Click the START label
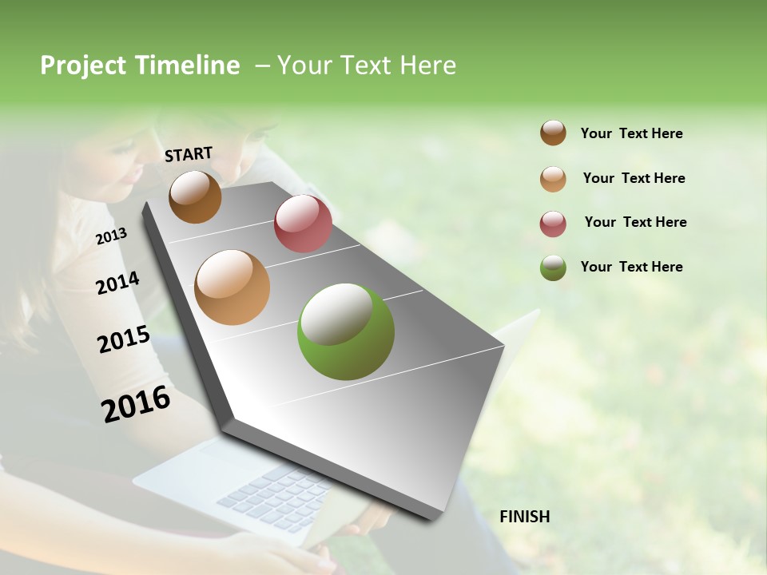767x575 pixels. point(189,154)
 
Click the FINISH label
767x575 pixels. point(525,517)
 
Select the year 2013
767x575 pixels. point(111,236)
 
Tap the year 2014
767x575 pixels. point(117,283)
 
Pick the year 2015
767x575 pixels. point(124,339)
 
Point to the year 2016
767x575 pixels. point(136,403)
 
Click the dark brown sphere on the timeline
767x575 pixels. point(195,196)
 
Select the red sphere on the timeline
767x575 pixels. point(303,223)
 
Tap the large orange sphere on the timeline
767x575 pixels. point(232,287)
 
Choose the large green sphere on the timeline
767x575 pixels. point(346,331)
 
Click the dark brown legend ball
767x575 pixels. point(553,133)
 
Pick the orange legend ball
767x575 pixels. point(553,179)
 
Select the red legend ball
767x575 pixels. point(553,224)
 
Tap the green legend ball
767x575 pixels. point(553,268)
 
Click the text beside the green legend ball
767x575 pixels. point(631,267)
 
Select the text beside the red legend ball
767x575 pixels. point(635,222)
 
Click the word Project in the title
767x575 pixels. point(82,65)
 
